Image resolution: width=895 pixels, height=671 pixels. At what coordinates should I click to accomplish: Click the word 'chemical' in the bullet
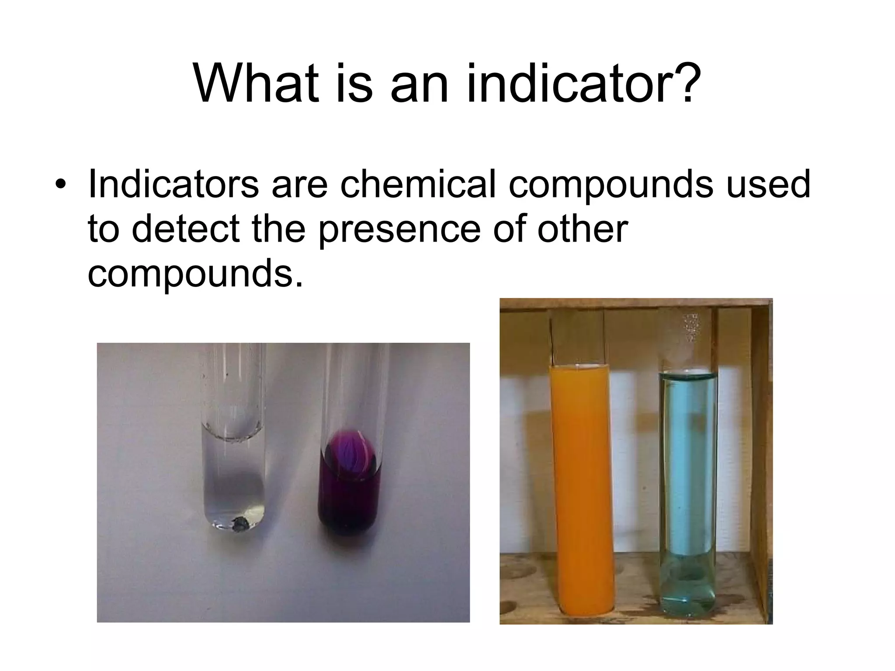click(419, 184)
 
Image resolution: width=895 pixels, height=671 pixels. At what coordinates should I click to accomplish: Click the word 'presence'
click(399, 230)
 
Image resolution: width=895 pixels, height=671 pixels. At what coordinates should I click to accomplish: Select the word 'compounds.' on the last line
click(195, 274)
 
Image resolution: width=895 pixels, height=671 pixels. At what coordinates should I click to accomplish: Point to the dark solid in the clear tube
click(240, 523)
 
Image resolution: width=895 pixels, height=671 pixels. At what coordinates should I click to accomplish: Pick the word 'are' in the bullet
click(299, 184)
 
